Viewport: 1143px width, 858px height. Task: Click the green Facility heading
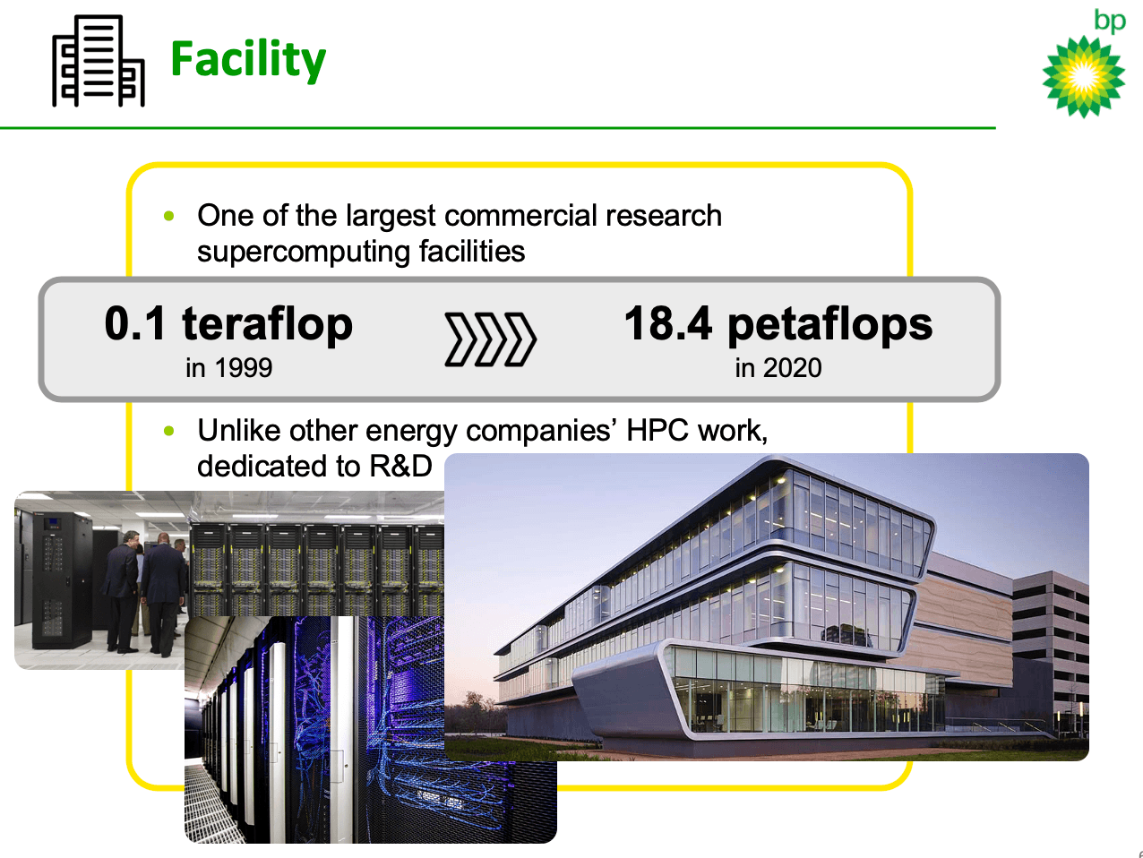pos(248,60)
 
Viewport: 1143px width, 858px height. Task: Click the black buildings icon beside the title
pos(99,60)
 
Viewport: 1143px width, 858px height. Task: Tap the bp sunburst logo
pos(1084,77)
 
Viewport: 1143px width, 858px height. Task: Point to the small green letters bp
pos(1110,21)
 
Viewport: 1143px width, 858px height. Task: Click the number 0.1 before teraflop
pos(135,323)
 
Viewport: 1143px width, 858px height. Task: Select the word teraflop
pos(267,325)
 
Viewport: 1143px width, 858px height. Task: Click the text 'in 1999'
pos(229,367)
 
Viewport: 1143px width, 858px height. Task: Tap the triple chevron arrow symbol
pos(491,339)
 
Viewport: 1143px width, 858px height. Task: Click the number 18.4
pos(668,323)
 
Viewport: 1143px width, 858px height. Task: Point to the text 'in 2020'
pos(778,367)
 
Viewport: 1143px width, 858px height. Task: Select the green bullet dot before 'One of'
pos(168,216)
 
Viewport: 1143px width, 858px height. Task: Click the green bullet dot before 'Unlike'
pos(168,431)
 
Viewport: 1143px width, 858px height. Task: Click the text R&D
pos(400,466)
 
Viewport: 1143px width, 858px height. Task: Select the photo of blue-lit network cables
pos(370,729)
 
